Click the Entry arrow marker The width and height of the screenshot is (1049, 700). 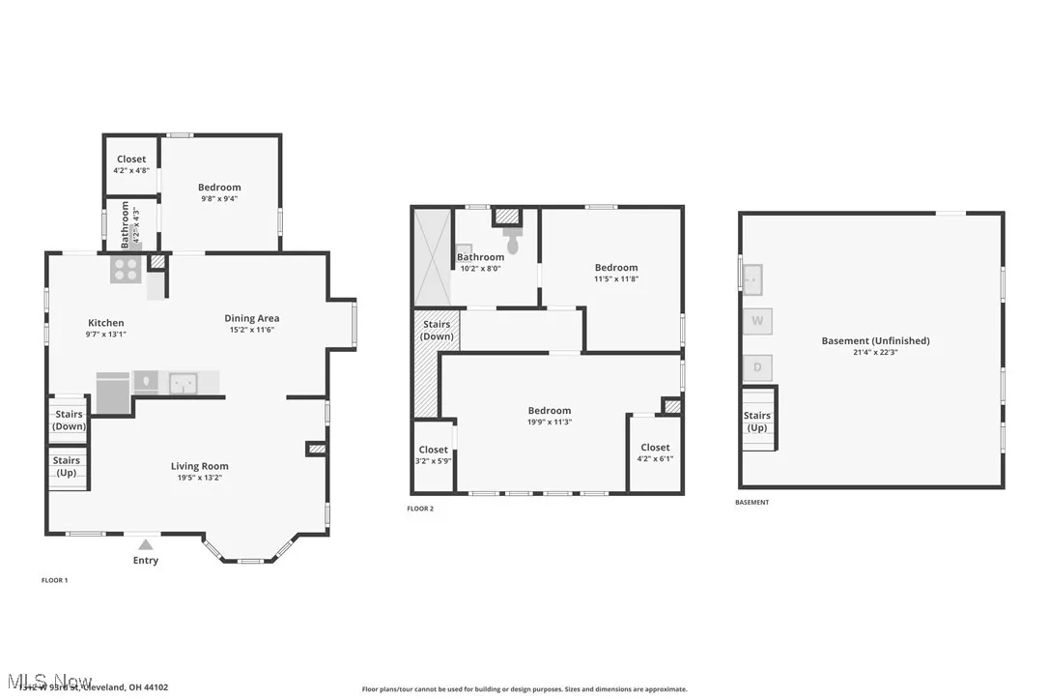pos(145,544)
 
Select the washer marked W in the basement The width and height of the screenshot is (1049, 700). pos(757,320)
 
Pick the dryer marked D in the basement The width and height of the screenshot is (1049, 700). pos(757,367)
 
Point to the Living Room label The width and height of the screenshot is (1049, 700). pos(200,466)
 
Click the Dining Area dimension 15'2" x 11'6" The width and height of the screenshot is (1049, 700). pos(251,331)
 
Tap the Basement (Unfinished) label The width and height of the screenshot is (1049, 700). pos(875,340)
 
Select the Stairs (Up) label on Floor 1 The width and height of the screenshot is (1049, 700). pos(67,466)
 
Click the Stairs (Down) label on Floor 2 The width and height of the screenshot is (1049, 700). pos(437,331)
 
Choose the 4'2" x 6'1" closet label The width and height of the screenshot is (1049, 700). pos(655,452)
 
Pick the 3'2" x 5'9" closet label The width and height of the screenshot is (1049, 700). pos(433,454)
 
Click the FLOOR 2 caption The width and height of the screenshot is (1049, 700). pos(420,509)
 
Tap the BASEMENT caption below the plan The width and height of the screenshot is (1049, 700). pos(752,503)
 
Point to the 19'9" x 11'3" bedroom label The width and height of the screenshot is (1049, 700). pos(549,416)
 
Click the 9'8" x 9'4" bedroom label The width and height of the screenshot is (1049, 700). pos(219,192)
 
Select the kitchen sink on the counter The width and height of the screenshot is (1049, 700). pos(183,383)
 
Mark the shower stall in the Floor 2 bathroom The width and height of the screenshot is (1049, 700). pos(432,257)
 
